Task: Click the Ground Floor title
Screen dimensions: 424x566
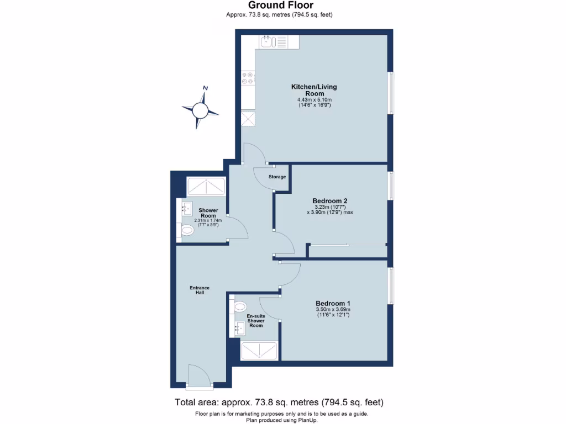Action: [x=282, y=6]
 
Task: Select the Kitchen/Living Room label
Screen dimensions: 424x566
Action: [x=314, y=90]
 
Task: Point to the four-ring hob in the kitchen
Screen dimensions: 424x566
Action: [x=247, y=78]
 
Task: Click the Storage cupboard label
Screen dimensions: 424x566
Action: [x=277, y=177]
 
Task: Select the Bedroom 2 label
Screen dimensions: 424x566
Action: [x=329, y=200]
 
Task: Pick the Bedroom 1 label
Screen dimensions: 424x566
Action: [x=333, y=303]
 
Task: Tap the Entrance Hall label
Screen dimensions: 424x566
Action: [x=200, y=290]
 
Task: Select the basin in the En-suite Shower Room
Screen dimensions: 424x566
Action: [x=239, y=329]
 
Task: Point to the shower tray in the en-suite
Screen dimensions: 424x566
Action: [x=259, y=351]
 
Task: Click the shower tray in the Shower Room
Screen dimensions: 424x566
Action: [x=206, y=187]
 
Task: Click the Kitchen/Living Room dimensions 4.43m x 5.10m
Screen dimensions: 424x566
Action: [x=314, y=99]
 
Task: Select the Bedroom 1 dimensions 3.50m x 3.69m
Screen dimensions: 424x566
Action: [x=333, y=310]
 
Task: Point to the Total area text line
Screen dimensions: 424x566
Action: [x=279, y=402]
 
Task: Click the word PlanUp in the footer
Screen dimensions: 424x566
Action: [x=307, y=420]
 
